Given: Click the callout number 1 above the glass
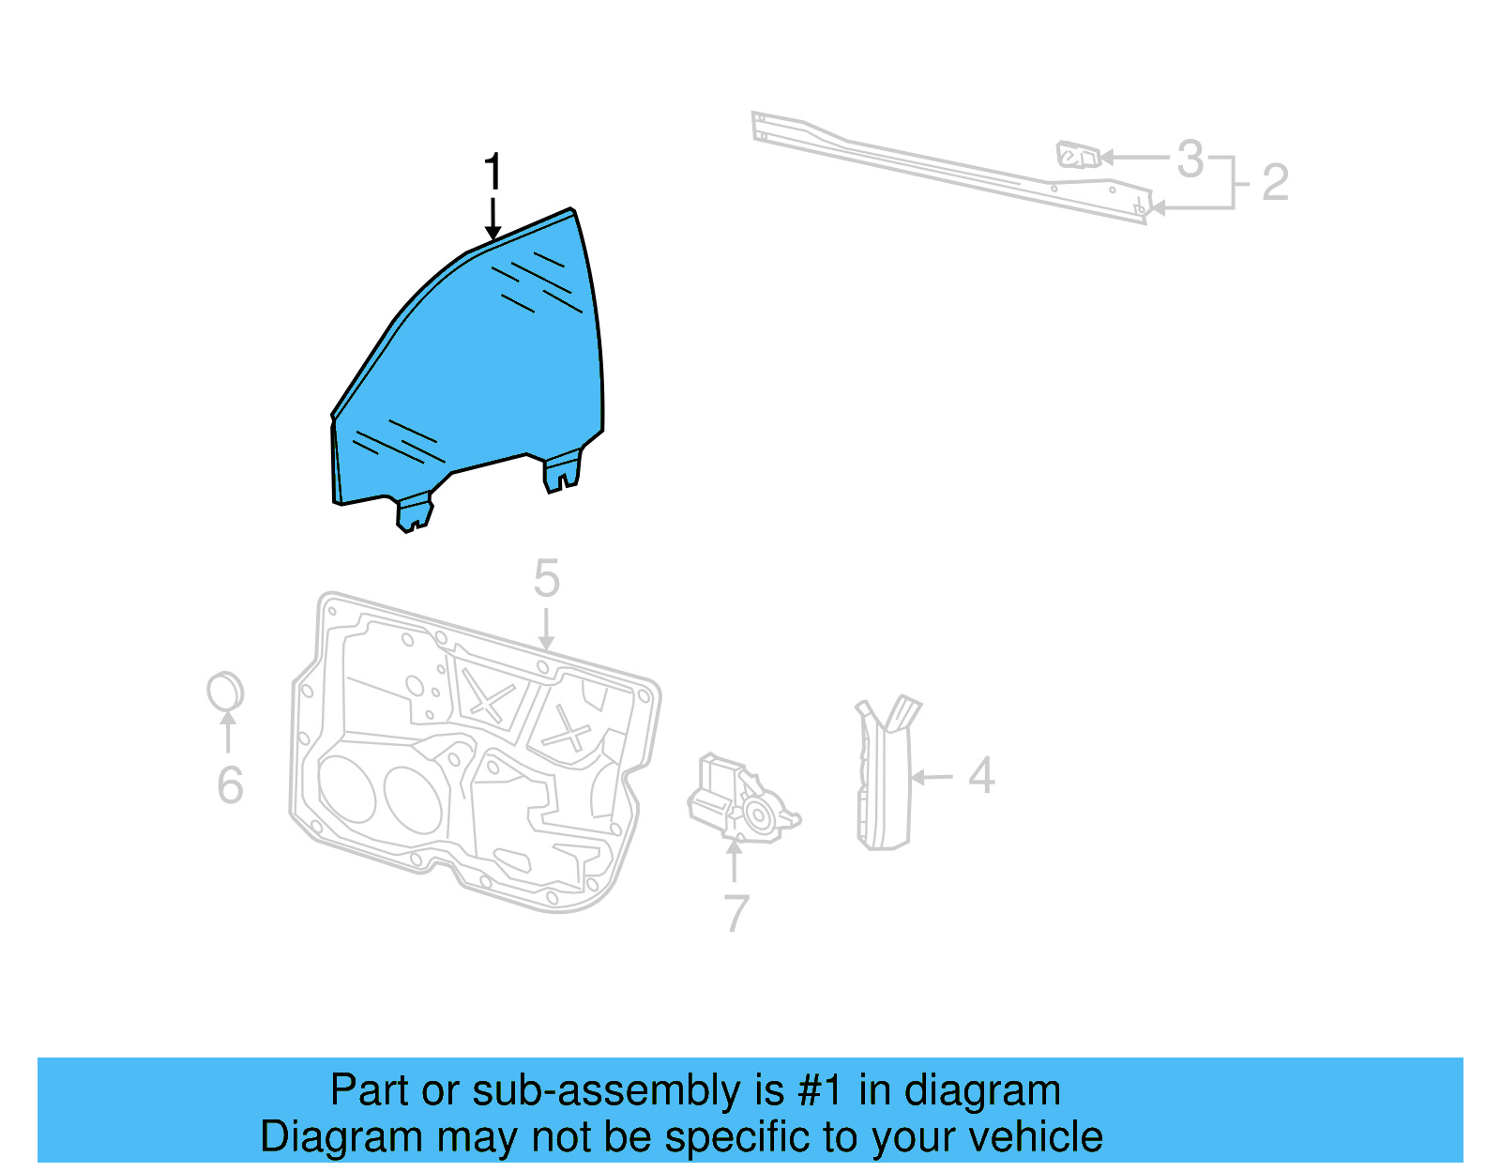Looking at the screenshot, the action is (493, 173).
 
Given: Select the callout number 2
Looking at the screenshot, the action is (1275, 182).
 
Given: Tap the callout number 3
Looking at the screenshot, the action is (1190, 159).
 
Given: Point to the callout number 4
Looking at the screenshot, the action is (981, 776).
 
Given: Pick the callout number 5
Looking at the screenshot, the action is (546, 578).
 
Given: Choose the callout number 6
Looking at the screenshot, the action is (230, 785).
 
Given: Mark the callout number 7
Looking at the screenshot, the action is (736, 913).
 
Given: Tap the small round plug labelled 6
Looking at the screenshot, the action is (225, 693).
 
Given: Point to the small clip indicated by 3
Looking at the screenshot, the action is (1076, 155).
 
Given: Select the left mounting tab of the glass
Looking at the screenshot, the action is (414, 513).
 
